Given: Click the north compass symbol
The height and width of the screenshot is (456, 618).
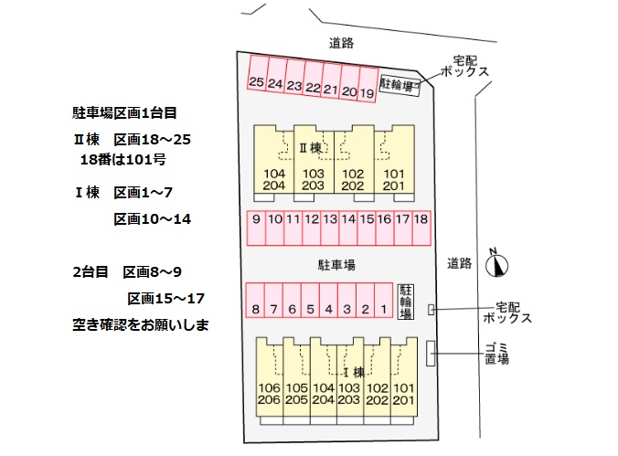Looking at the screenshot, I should [496, 263].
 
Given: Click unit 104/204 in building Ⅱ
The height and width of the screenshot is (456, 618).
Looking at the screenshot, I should [274, 180].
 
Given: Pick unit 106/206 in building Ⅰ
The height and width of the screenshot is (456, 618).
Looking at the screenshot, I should [269, 394].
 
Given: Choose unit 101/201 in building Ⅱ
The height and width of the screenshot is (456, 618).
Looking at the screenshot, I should [394, 180].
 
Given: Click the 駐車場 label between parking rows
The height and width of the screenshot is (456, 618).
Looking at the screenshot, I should [336, 265].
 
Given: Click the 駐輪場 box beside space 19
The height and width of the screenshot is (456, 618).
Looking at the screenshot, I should [400, 86].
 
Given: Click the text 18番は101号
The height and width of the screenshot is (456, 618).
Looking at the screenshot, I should [122, 159].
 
